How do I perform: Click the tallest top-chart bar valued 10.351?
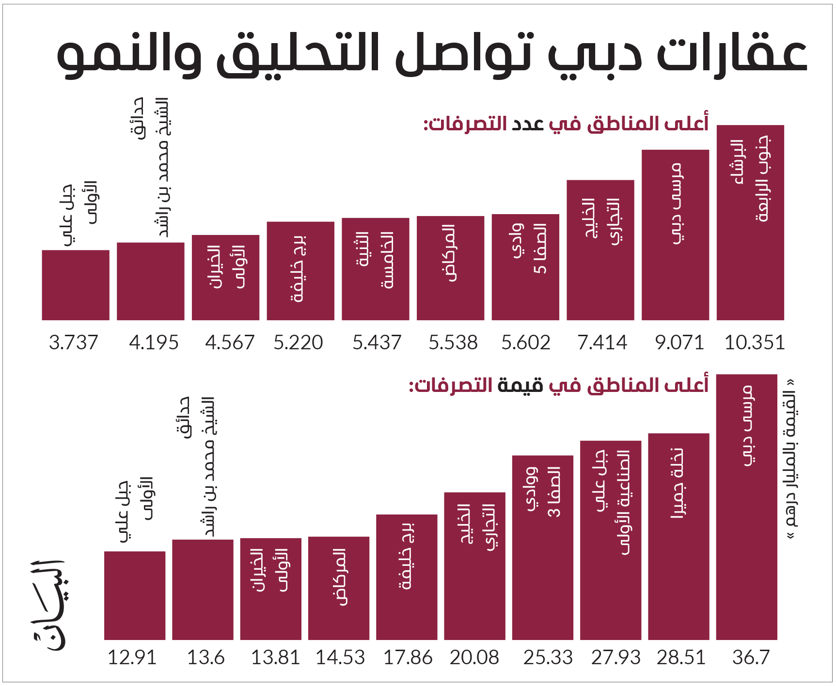point(750,222)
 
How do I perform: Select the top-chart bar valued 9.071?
point(675,235)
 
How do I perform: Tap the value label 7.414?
point(602,343)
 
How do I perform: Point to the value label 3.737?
point(73,343)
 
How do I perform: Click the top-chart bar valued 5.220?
point(300,271)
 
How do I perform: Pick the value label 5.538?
point(453,343)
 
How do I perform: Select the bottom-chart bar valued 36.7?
point(747,507)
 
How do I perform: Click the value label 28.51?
point(681,657)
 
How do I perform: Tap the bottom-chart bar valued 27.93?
point(611,540)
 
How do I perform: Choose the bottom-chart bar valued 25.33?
point(543,547)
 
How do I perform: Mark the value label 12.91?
point(132,657)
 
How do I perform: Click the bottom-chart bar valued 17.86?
point(407,577)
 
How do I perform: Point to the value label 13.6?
point(206,657)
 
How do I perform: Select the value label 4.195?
point(154,343)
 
